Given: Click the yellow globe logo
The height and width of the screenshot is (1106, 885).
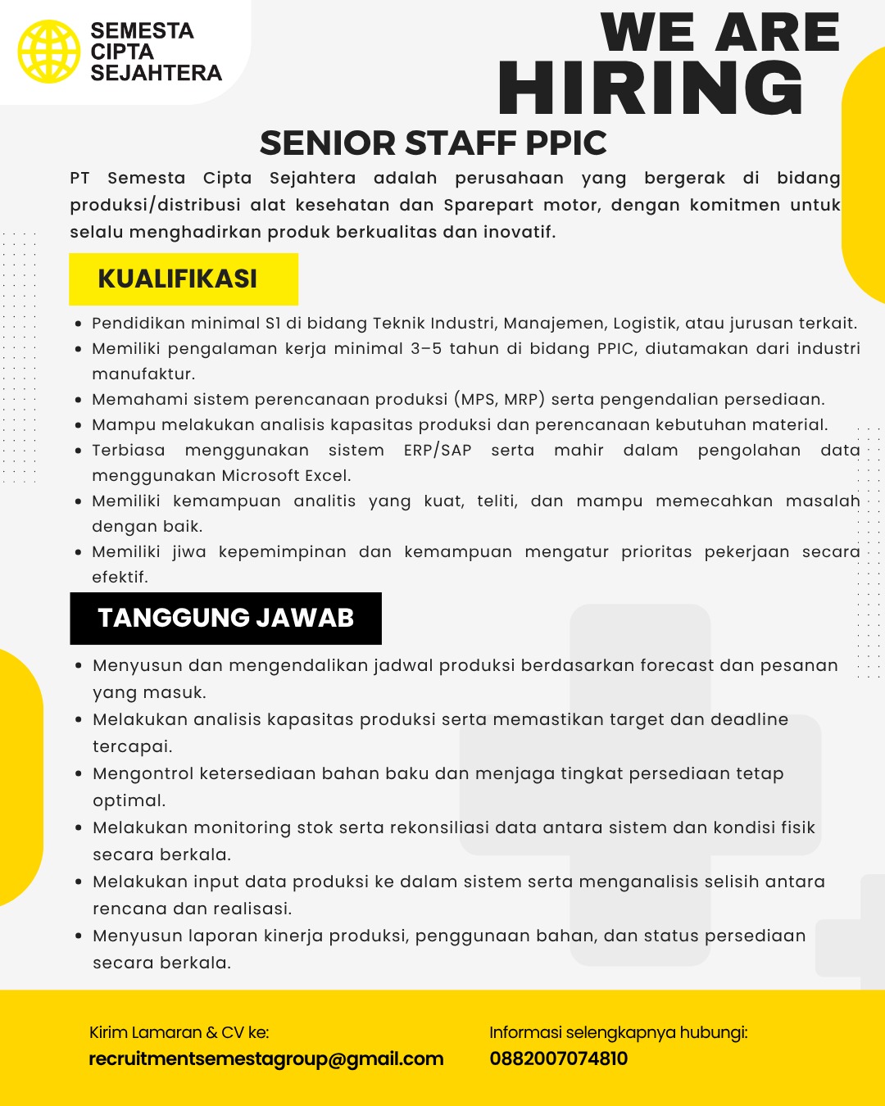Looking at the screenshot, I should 49,52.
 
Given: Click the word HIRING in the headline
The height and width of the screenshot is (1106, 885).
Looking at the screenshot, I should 651,88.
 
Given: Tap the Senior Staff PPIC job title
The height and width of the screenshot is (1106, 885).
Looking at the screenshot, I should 433,143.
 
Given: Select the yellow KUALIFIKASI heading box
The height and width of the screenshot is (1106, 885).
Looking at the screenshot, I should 184,279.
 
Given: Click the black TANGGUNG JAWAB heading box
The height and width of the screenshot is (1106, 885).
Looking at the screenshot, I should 225,618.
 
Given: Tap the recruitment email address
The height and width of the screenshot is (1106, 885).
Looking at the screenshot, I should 266,1058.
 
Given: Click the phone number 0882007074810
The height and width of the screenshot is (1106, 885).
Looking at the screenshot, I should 559,1058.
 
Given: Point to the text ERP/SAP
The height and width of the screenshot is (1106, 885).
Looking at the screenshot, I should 438,451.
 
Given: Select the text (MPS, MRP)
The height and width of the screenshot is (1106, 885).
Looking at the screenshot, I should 499,400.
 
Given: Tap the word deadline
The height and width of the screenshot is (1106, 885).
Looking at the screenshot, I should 749,719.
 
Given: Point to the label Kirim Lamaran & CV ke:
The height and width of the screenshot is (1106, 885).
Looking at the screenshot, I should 179,1032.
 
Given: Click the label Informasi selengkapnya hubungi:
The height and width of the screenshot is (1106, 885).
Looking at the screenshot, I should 619,1032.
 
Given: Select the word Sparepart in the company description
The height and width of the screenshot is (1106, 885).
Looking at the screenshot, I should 485,205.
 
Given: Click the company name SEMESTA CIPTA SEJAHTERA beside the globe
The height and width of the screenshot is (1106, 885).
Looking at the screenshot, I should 156,52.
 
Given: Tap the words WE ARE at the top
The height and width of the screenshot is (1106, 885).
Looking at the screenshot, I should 720,33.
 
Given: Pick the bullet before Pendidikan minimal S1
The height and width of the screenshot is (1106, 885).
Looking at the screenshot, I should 78,324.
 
